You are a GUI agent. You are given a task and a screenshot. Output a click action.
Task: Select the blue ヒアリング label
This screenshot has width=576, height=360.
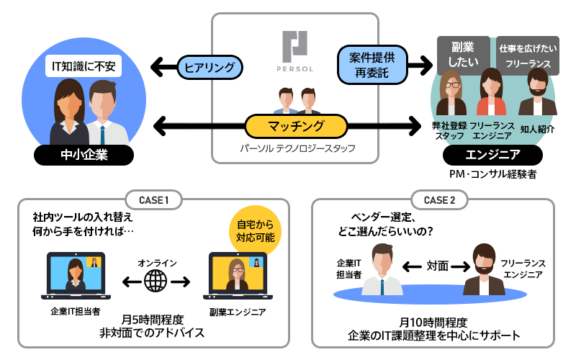(x=210, y=67)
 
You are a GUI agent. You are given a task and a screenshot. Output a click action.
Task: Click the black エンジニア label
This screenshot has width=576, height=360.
(x=492, y=154)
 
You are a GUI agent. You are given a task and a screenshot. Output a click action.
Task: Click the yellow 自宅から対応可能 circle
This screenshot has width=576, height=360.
(x=255, y=229)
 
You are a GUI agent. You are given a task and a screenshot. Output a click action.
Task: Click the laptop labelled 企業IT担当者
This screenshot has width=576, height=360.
(x=75, y=276)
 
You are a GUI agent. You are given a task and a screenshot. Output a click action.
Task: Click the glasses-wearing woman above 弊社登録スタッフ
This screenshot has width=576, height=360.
(x=452, y=93)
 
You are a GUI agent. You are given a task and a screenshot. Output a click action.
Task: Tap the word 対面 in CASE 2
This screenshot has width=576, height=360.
(x=437, y=266)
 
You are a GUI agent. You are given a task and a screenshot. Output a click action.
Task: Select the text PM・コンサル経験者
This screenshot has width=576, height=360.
(x=492, y=174)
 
